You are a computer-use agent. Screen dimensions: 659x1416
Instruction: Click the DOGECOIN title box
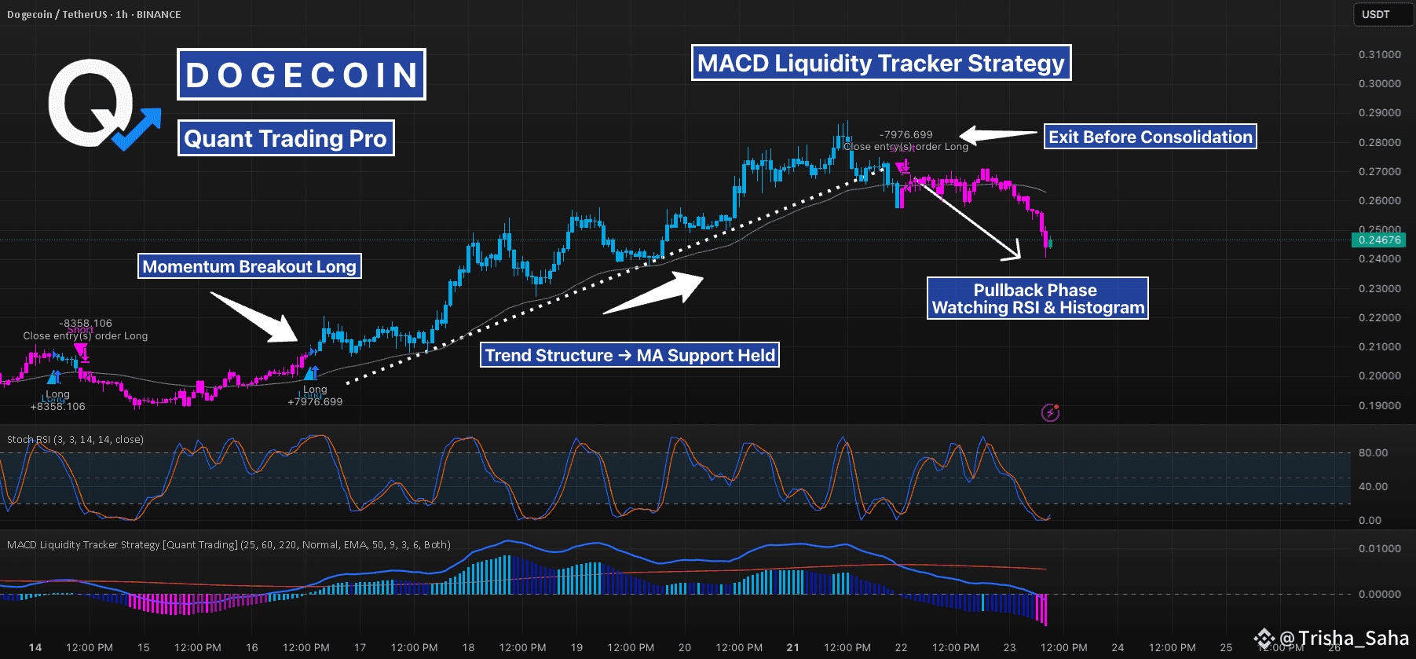[x=302, y=75]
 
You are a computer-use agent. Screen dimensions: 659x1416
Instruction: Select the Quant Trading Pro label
[x=286, y=138]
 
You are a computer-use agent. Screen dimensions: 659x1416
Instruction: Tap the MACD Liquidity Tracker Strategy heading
[x=880, y=63]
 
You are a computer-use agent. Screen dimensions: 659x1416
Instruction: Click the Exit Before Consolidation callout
[x=1150, y=137]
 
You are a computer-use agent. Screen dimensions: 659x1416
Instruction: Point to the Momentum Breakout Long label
[x=250, y=266]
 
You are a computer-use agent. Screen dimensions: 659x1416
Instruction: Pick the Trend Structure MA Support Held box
[x=630, y=355]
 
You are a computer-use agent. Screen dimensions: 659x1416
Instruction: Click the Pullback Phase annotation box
[x=1037, y=298]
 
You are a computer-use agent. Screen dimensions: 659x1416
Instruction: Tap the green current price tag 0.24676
[x=1379, y=240]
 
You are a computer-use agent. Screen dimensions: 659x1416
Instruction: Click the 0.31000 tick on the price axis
[x=1380, y=54]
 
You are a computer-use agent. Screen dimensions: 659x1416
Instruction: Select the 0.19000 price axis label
[x=1380, y=405]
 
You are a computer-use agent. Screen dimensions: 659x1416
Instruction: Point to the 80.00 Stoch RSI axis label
[x=1373, y=452]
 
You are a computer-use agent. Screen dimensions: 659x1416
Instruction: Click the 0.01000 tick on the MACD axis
[x=1380, y=548]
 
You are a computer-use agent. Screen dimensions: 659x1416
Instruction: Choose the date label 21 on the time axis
[x=793, y=647]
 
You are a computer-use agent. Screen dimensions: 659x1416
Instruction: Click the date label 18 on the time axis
[x=468, y=647]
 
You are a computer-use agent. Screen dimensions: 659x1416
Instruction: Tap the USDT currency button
[x=1376, y=14]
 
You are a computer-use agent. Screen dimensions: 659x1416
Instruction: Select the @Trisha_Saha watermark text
[x=1343, y=638]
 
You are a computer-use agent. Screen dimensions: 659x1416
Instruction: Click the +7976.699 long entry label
[x=315, y=401]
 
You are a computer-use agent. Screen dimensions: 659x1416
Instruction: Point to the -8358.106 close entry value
[x=86, y=323]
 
